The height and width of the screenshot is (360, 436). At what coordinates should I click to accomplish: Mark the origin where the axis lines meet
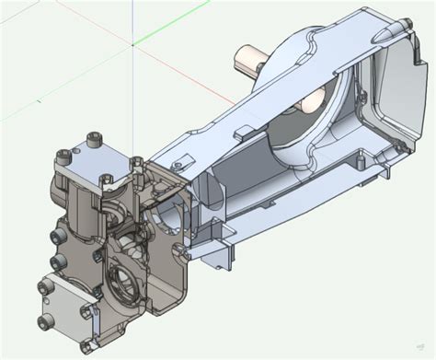pyautogui.click(x=133, y=43)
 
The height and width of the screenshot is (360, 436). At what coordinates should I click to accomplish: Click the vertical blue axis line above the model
pyautogui.click(x=133, y=18)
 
